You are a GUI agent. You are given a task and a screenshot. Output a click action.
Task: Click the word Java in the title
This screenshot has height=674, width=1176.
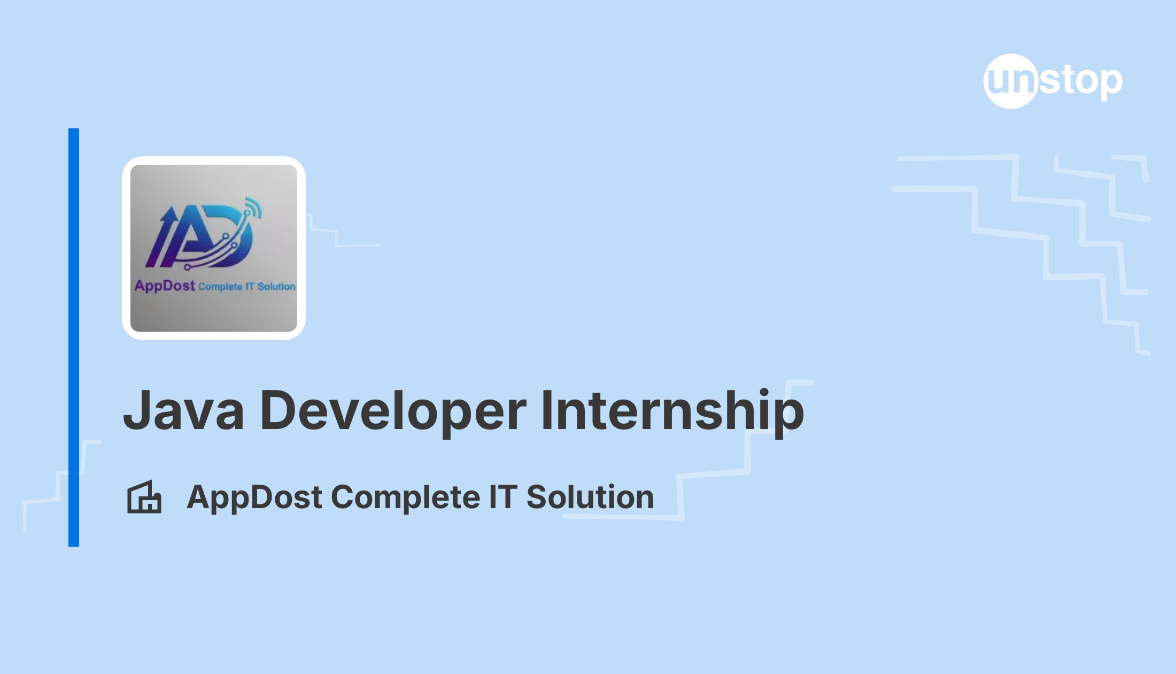pyautogui.click(x=184, y=410)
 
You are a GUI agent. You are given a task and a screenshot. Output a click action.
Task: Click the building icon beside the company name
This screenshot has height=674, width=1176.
pyautogui.click(x=144, y=497)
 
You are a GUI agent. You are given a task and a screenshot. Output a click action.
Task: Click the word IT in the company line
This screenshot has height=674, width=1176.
pyautogui.click(x=503, y=497)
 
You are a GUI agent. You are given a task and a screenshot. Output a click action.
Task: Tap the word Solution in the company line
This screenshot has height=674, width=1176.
pyautogui.click(x=590, y=497)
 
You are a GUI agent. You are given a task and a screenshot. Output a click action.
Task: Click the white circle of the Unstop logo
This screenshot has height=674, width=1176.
pyautogui.click(x=1011, y=81)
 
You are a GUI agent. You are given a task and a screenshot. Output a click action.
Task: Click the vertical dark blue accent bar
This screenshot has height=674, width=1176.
pyautogui.click(x=74, y=338)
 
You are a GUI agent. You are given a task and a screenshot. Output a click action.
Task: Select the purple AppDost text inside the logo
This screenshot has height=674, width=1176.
pyautogui.click(x=165, y=286)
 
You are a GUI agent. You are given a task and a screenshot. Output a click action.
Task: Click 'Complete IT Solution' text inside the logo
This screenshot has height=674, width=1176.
pyautogui.click(x=247, y=287)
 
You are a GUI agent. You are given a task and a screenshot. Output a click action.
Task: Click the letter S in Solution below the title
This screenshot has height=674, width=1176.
pyautogui.click(x=538, y=497)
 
